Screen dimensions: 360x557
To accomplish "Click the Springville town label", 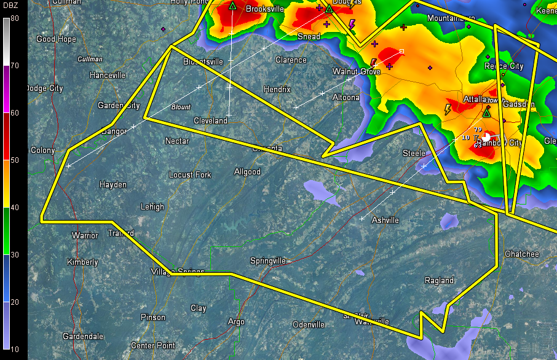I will [x=268, y=260].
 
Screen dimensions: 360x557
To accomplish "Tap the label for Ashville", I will [x=385, y=220].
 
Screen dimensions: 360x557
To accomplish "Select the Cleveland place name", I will [x=210, y=120].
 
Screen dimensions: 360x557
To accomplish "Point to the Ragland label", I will [x=439, y=280].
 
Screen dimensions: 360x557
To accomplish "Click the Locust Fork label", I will [x=190, y=174].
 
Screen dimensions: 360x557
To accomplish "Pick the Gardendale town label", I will [x=83, y=336].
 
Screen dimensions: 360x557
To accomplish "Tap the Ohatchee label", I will [x=521, y=254].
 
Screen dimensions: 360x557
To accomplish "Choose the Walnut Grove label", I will [x=357, y=71].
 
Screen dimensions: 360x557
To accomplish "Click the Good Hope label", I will [x=56, y=39].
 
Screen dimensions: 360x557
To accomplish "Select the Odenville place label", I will [x=309, y=324].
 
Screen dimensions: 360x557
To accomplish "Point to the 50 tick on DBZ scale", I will [x=14, y=160].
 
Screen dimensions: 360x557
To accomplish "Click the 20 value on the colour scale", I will [x=14, y=302].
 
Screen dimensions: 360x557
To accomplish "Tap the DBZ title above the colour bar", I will [x=10, y=6].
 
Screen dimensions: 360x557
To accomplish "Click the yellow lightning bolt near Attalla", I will [x=448, y=109].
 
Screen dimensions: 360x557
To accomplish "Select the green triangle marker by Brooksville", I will [x=233, y=6].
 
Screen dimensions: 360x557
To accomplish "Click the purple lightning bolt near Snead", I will [x=352, y=24].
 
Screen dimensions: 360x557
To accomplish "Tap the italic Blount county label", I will [x=181, y=107].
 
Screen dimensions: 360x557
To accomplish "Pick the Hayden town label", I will [x=113, y=184].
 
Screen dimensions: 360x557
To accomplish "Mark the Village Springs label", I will [x=178, y=272].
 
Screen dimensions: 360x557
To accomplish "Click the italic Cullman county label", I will [x=89, y=59].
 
